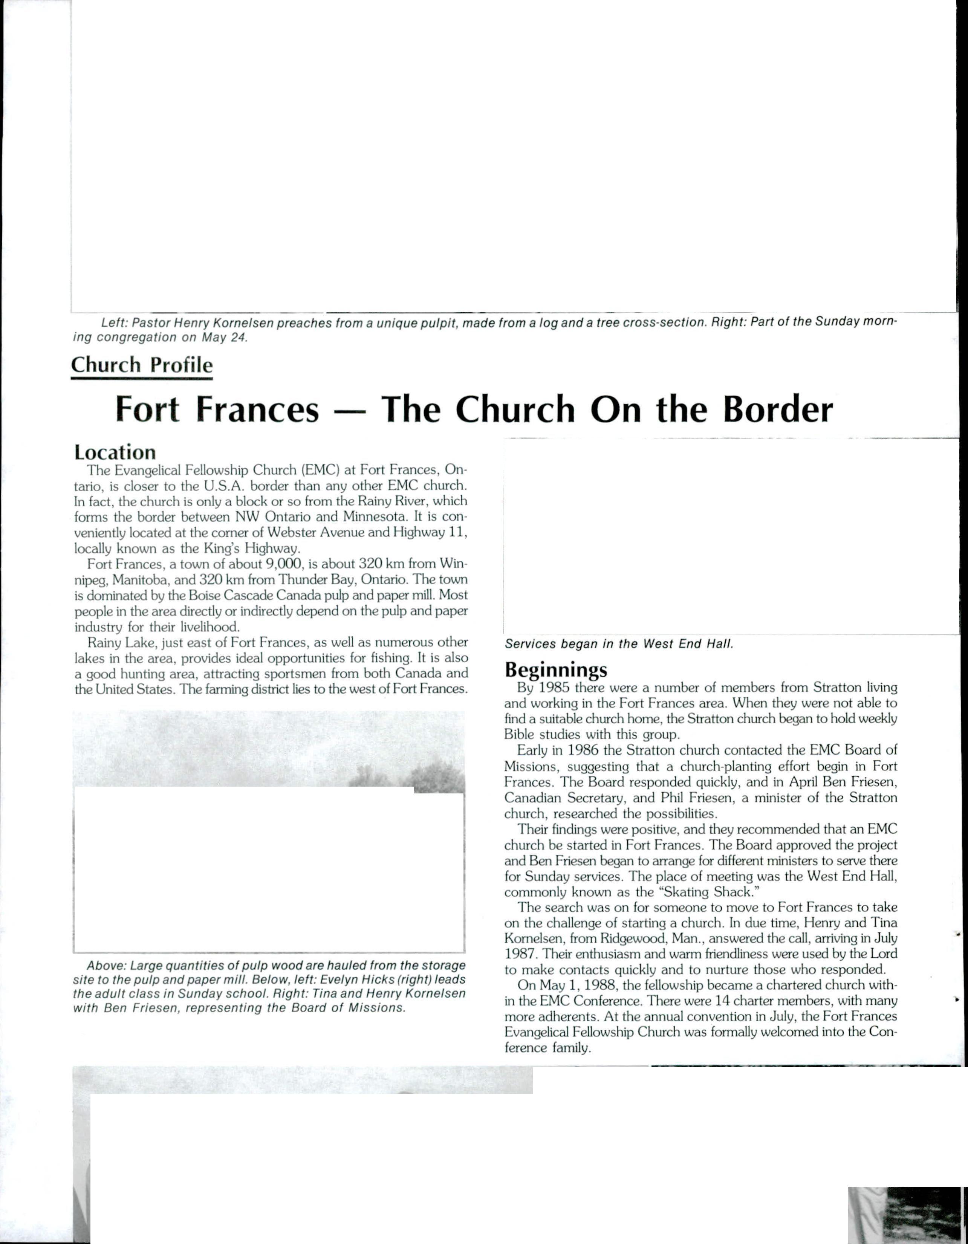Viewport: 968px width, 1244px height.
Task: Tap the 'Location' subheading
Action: [115, 452]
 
